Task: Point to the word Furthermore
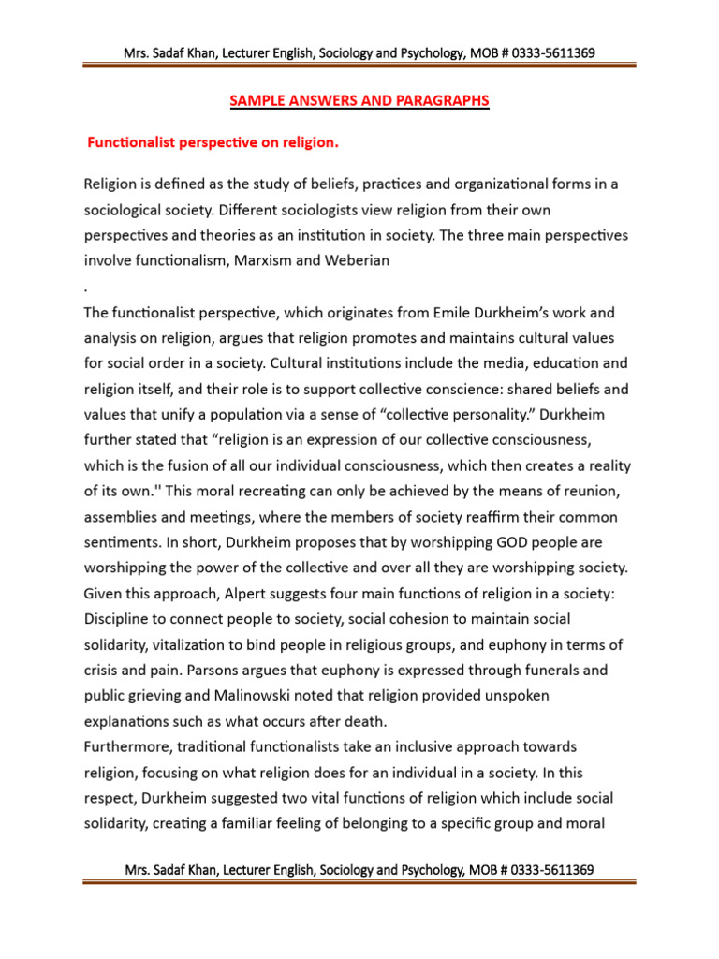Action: [x=128, y=746]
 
